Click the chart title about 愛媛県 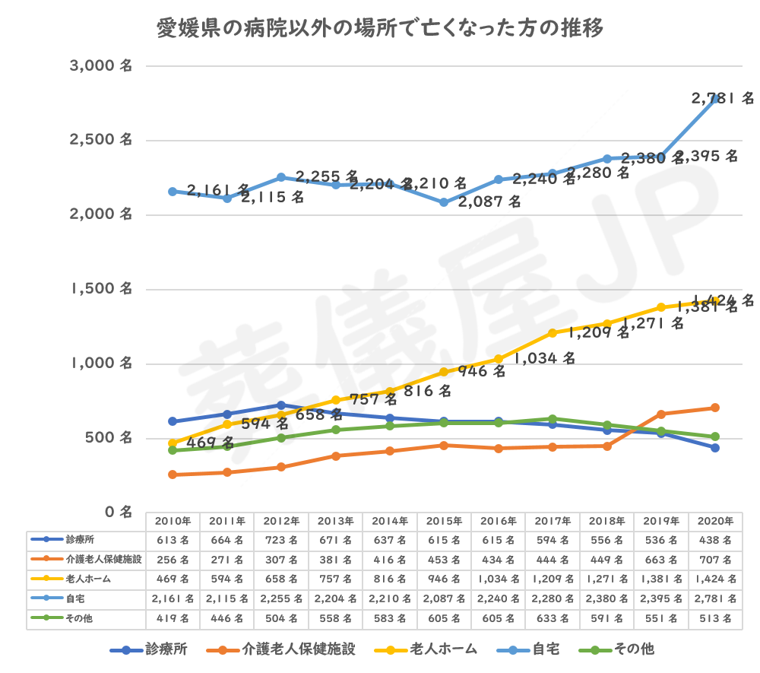pos(379,29)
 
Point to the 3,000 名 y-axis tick pos(100,66)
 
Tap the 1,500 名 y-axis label pos(100,289)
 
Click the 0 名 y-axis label pos(116,512)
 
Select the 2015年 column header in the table pos(444,522)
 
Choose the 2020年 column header pos(715,522)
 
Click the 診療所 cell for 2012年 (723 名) pos(281,541)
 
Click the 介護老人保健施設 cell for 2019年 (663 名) pos(660,560)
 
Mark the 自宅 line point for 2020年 pos(715,99)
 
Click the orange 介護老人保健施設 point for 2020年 pos(715,408)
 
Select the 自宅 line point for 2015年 pos(444,202)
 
